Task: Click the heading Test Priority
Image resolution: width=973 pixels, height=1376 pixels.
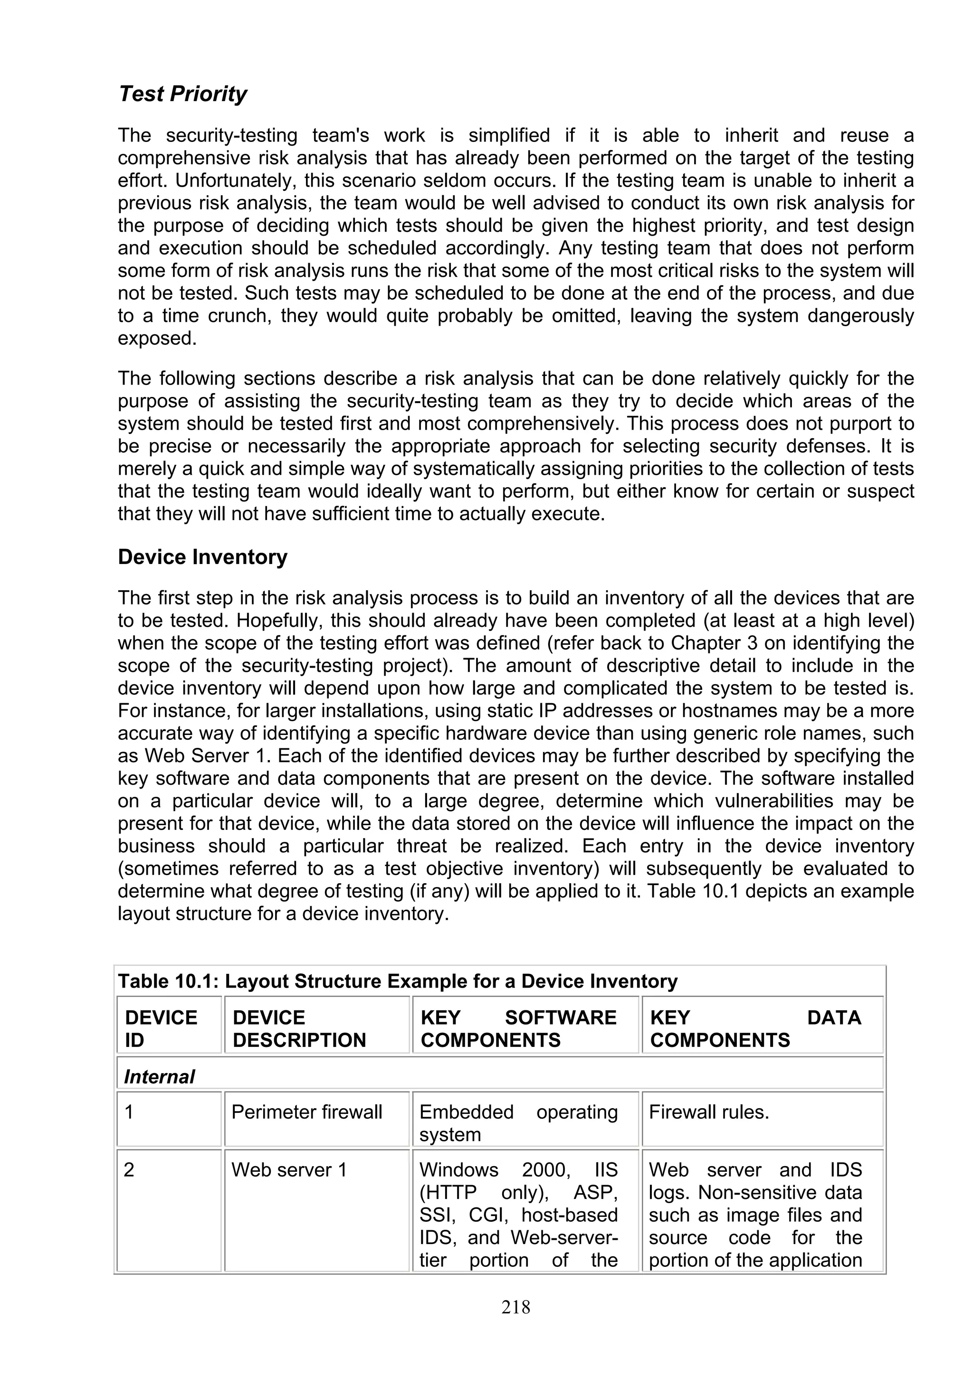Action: point(182,94)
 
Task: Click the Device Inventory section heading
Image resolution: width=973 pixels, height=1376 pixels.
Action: point(203,557)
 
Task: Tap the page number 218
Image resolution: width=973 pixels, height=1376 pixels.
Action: point(515,1307)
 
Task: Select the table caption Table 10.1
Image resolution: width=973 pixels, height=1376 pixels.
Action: point(398,981)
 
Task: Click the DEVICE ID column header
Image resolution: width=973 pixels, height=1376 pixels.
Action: point(161,1028)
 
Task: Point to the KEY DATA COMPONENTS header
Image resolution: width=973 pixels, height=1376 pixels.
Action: point(755,1028)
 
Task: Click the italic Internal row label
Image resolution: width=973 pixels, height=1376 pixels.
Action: point(159,1077)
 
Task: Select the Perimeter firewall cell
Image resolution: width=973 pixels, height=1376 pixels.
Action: point(306,1112)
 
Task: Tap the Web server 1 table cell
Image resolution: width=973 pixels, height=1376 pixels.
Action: point(289,1170)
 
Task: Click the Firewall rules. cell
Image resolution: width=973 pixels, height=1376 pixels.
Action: point(709,1112)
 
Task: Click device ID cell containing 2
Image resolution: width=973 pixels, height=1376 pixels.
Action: point(129,1170)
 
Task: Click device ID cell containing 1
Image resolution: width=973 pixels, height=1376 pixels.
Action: point(129,1112)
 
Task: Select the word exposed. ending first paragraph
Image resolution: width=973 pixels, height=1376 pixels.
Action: point(157,339)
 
